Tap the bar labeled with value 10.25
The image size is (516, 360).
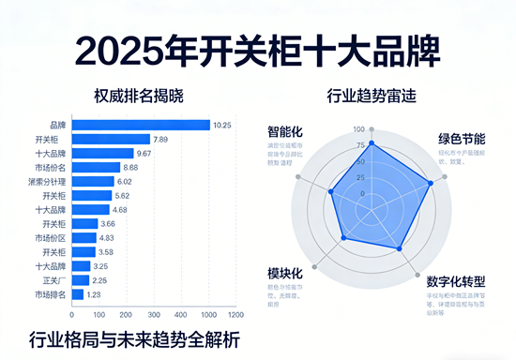coord(140,125)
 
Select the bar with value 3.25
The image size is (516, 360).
coord(81,266)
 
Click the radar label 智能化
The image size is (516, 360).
coord(285,133)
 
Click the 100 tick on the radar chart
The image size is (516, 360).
coord(359,129)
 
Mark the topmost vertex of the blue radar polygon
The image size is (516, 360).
coord(372,143)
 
